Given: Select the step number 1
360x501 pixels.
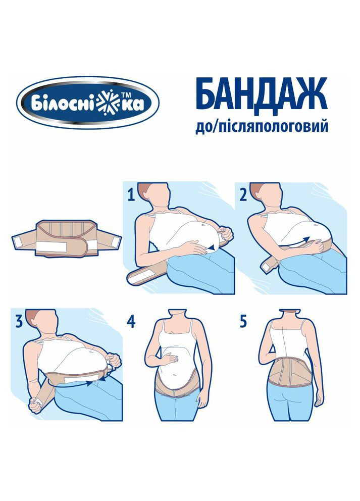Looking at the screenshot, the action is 131,195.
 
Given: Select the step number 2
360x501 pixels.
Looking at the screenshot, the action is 243,195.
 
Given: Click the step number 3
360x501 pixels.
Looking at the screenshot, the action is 19,321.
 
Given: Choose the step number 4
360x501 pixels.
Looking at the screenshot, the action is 131,321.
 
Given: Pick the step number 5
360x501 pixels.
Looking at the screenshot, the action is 243,321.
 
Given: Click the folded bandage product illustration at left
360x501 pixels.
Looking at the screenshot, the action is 67,238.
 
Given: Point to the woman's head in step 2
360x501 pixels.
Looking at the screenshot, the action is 267,195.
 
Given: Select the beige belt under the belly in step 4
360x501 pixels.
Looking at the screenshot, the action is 178,385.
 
